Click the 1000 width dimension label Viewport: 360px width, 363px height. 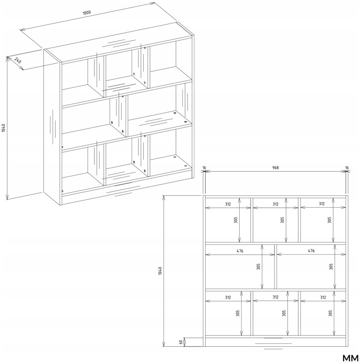point(87,12)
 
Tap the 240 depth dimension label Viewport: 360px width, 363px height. point(18,60)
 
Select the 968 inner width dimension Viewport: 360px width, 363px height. point(276,168)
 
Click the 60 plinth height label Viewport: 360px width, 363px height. point(181,342)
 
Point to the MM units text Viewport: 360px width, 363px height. point(350,358)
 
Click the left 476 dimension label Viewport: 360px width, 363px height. point(240,251)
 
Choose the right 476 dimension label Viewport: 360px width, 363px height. point(311,250)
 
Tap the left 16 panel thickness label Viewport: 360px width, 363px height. point(204,168)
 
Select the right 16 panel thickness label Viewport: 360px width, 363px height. point(347,168)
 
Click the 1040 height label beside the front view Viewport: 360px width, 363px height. point(160,271)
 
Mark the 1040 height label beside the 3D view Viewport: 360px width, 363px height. point(3,128)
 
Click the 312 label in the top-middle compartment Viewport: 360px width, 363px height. point(276,204)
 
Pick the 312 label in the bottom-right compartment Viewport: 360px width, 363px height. point(323,297)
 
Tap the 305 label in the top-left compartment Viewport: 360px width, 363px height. point(236,220)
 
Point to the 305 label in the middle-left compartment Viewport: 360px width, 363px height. point(258,267)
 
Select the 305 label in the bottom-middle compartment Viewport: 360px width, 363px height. point(284,313)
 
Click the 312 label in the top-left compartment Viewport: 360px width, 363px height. point(228,204)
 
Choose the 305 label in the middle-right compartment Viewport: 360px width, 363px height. point(331,267)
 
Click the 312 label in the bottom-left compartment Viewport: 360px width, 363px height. point(228,297)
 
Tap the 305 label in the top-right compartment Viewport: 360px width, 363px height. point(329,220)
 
